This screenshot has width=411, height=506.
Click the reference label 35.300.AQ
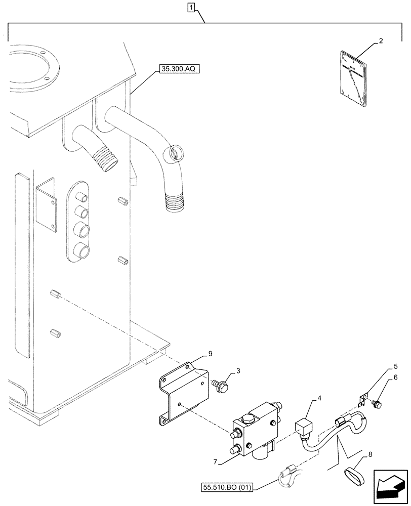(x=179, y=68)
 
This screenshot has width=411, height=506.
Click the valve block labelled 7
(x=253, y=430)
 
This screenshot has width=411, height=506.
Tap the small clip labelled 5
(x=362, y=402)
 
